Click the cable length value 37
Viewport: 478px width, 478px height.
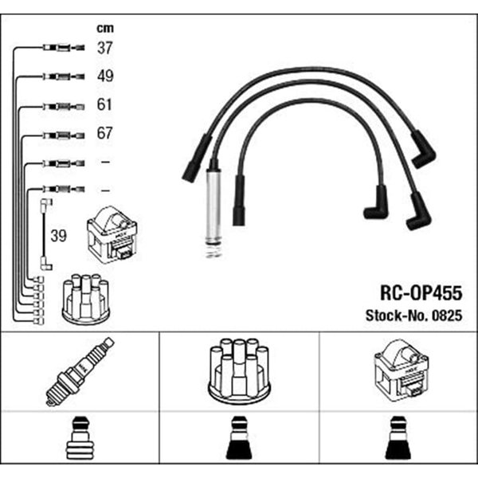coord(105,48)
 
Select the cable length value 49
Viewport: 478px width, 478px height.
coord(105,76)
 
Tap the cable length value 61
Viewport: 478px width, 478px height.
coord(104,104)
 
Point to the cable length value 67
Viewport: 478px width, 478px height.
coord(105,133)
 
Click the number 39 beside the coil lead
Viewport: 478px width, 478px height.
coord(58,236)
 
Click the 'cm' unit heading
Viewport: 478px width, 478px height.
coord(105,28)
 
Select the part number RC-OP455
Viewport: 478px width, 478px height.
coord(421,293)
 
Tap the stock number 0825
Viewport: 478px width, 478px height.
coord(447,315)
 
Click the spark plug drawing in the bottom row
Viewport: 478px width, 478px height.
coord(80,372)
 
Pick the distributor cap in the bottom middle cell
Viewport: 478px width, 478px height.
coord(239,371)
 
